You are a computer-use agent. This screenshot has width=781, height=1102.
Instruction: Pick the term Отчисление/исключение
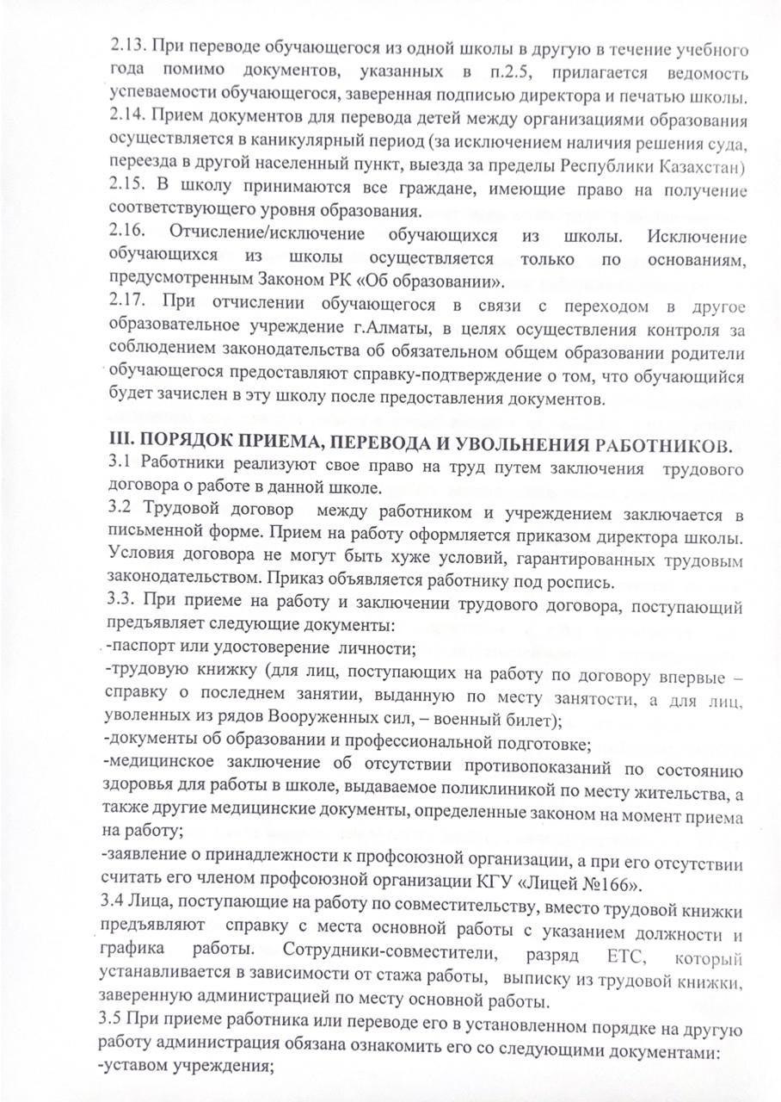(267, 235)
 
